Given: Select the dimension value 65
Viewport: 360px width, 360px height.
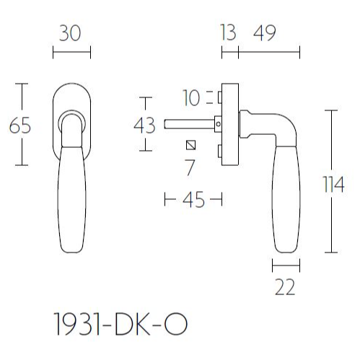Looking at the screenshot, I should [x=20, y=126].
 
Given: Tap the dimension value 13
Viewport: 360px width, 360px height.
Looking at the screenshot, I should [x=229, y=34].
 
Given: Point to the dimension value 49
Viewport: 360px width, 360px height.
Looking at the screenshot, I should [x=265, y=34].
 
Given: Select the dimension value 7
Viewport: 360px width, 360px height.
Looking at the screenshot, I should [x=190, y=168].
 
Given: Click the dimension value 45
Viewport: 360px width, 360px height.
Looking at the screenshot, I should [x=193, y=200].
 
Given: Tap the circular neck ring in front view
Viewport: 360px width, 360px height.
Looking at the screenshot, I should [x=72, y=119].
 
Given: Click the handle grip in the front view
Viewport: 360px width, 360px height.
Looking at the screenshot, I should [x=72, y=195].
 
